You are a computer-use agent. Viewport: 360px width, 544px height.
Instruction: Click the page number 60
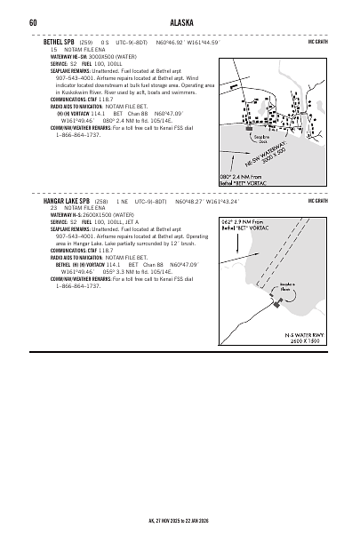tap(32, 22)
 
